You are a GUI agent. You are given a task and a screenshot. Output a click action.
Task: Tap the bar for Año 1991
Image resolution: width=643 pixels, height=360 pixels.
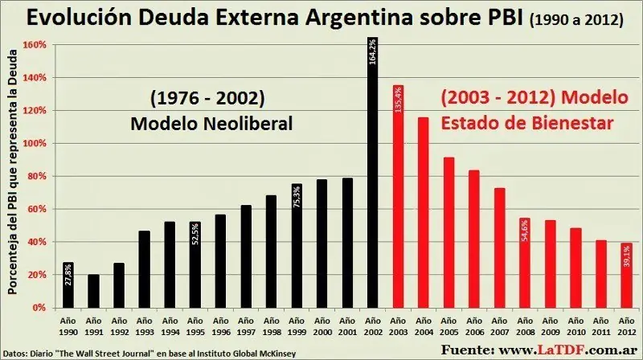pos(93,291)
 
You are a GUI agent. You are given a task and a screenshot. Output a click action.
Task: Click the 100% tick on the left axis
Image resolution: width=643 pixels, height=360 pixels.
pos(34,144)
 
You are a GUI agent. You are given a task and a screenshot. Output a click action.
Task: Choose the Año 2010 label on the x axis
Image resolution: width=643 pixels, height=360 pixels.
pos(575,325)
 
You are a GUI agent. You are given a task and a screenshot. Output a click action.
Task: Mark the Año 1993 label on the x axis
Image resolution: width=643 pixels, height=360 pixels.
pos(144,325)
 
